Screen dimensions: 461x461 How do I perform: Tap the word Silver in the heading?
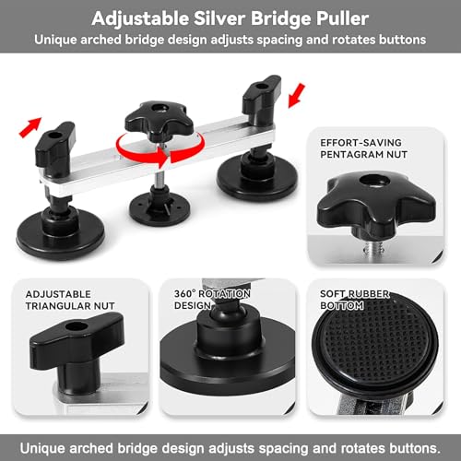click(219, 18)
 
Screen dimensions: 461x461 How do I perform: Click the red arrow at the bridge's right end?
click(297, 96)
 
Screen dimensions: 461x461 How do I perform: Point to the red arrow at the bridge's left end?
click(30, 127)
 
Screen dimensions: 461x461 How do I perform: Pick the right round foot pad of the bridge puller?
click(257, 178)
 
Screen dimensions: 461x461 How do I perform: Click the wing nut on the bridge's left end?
click(55, 144)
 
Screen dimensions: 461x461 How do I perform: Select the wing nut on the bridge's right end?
click(262, 94)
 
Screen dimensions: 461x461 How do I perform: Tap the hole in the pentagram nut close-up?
click(375, 181)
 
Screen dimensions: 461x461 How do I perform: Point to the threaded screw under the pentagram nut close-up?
click(372, 246)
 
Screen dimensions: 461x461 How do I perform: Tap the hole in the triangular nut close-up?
click(76, 326)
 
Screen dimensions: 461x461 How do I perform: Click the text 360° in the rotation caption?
click(184, 294)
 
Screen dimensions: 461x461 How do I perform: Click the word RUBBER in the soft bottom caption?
click(371, 294)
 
